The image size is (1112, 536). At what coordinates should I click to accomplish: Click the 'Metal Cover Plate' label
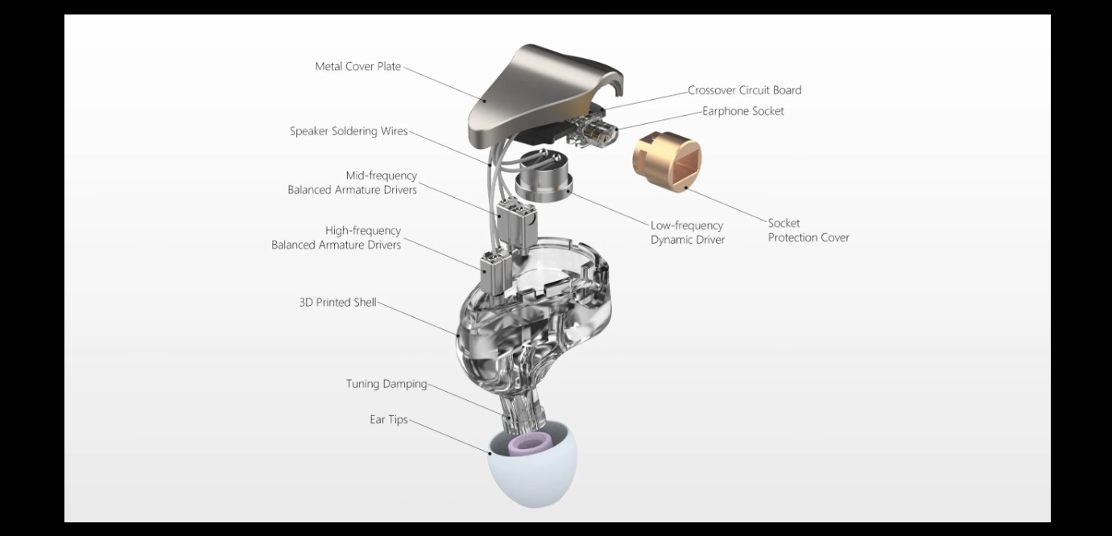click(358, 67)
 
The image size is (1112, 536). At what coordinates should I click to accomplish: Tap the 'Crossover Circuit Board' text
click(744, 90)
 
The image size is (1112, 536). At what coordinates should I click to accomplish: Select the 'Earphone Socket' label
click(742, 111)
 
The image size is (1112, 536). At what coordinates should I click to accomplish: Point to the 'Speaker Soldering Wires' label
click(349, 131)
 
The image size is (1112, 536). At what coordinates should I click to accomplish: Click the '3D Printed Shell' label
click(337, 303)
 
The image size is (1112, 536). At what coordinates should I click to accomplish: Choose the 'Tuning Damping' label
click(387, 384)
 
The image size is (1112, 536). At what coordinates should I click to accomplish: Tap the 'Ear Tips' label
click(389, 420)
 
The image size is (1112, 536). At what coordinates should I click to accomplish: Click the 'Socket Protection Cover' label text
click(808, 230)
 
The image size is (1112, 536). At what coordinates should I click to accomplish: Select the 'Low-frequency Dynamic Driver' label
click(688, 233)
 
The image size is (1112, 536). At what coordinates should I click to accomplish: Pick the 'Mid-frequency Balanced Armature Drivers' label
click(352, 183)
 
